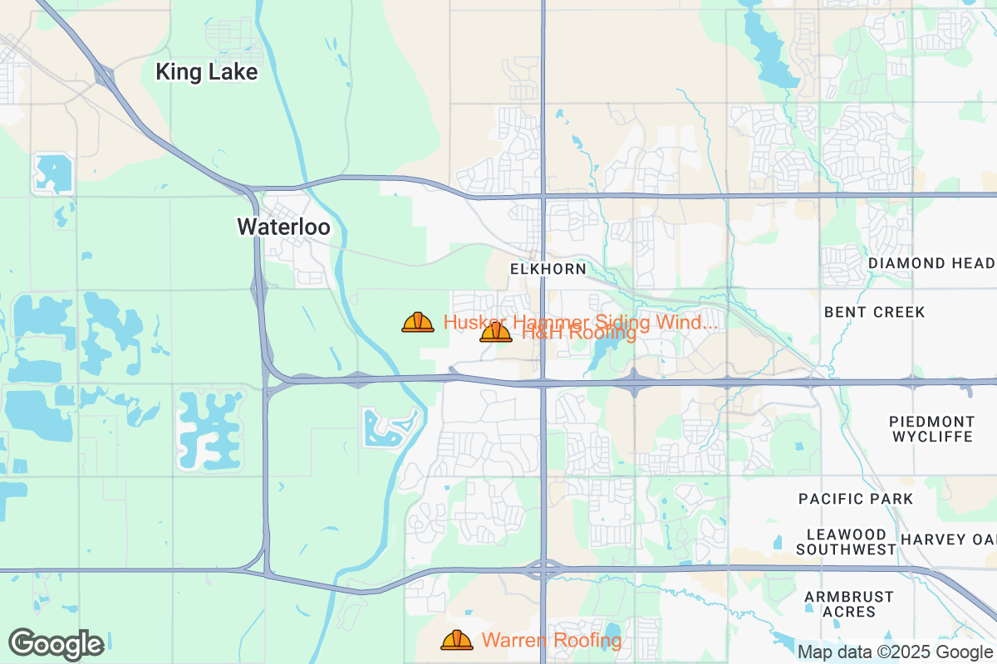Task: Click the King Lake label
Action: point(207,72)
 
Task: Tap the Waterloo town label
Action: point(283,227)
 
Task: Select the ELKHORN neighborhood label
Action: point(548,269)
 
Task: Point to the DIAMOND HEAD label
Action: point(931,263)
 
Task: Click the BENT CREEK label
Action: point(874,312)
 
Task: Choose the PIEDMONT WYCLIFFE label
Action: point(931,429)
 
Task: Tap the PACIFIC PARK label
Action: point(856,499)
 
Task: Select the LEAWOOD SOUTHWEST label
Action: point(847,541)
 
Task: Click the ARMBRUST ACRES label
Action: point(849,604)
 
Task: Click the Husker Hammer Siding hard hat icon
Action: point(418,322)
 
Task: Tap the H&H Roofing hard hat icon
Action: point(496,333)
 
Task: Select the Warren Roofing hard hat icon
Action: point(457,640)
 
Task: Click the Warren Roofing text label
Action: point(552,640)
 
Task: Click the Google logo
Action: point(56,644)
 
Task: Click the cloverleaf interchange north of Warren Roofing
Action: point(543,570)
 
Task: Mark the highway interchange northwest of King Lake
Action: point(105,76)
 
